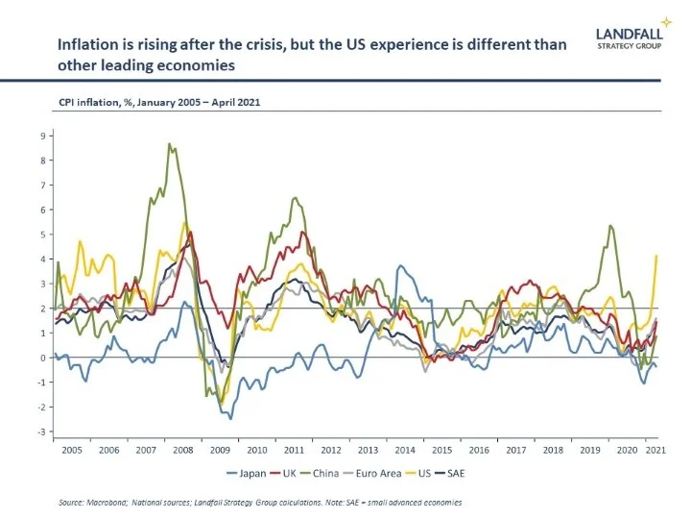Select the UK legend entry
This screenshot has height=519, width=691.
pyautogui.click(x=298, y=472)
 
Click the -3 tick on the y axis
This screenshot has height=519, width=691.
pyautogui.click(x=41, y=432)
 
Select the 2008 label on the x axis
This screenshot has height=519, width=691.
pyautogui.click(x=181, y=449)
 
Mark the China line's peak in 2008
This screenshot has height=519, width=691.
pyautogui.click(x=170, y=144)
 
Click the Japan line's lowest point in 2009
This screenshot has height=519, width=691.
pyautogui.click(x=230, y=418)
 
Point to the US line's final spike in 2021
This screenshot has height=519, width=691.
pyautogui.click(x=655, y=256)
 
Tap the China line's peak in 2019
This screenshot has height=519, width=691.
pyautogui.click(x=610, y=226)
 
